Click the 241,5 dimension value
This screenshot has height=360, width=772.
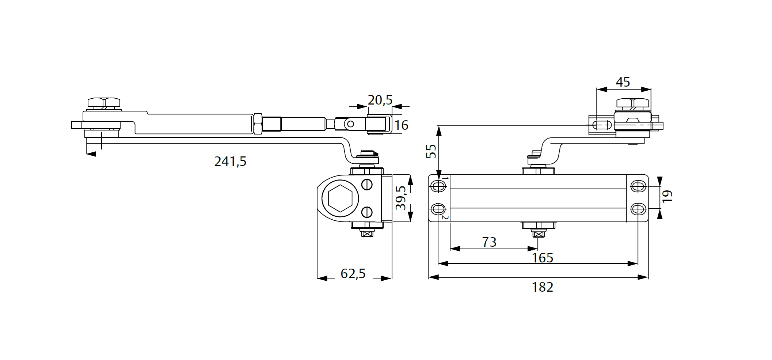coord(230,161)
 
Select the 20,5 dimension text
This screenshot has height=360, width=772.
coord(380,100)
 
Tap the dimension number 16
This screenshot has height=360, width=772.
coord(401,125)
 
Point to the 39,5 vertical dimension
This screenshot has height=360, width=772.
coord(401,198)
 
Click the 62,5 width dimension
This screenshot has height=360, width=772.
coord(353,273)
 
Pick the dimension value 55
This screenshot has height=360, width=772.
coord(431,151)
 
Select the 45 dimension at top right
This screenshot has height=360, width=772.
coord(623,82)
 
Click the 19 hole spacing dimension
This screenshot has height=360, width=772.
coord(667,196)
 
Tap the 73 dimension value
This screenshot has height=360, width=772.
coord(489,242)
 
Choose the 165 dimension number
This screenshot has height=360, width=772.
coord(543,258)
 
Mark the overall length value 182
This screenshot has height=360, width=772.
coord(543,287)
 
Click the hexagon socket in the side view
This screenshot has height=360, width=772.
coord(340,198)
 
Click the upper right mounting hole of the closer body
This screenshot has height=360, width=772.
coord(638,186)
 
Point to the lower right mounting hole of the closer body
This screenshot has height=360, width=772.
coord(638,209)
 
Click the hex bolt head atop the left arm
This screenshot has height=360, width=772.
coord(104,102)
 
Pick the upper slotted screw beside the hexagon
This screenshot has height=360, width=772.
coord(367,185)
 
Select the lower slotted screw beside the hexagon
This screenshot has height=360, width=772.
coord(367,212)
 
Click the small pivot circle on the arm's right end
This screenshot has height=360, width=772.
coord(350,124)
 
